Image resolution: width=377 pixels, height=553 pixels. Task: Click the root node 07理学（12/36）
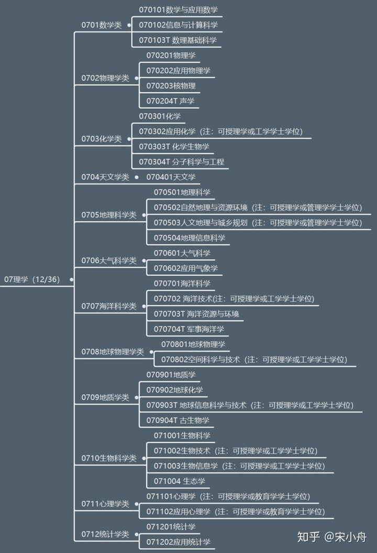32,279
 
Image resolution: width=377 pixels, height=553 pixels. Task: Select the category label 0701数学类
102,25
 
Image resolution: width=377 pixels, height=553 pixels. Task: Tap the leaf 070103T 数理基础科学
178,40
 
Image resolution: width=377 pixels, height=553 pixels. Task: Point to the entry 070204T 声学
170,101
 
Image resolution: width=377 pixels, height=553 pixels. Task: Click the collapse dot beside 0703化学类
129,139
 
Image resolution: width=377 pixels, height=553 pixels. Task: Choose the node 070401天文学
171,177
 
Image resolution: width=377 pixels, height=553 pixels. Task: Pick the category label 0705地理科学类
109,215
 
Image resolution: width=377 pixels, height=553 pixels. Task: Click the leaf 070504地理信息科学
190,238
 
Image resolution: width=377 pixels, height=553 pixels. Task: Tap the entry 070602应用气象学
186,268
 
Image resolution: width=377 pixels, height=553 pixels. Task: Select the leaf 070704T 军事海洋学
189,329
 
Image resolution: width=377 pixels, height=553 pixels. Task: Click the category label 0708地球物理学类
113,352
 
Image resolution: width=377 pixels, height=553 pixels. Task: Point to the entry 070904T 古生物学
178,420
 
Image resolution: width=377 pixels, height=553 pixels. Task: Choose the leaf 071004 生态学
180,481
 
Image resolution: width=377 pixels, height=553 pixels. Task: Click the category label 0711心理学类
105,504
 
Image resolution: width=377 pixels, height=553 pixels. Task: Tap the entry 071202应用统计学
179,542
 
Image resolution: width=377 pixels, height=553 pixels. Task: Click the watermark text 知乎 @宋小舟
332,537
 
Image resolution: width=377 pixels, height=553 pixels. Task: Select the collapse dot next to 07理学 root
71,280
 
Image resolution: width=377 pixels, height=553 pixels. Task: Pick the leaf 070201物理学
171,55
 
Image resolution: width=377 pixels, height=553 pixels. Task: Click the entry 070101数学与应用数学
179,10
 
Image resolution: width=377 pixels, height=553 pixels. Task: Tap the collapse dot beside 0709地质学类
136,397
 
